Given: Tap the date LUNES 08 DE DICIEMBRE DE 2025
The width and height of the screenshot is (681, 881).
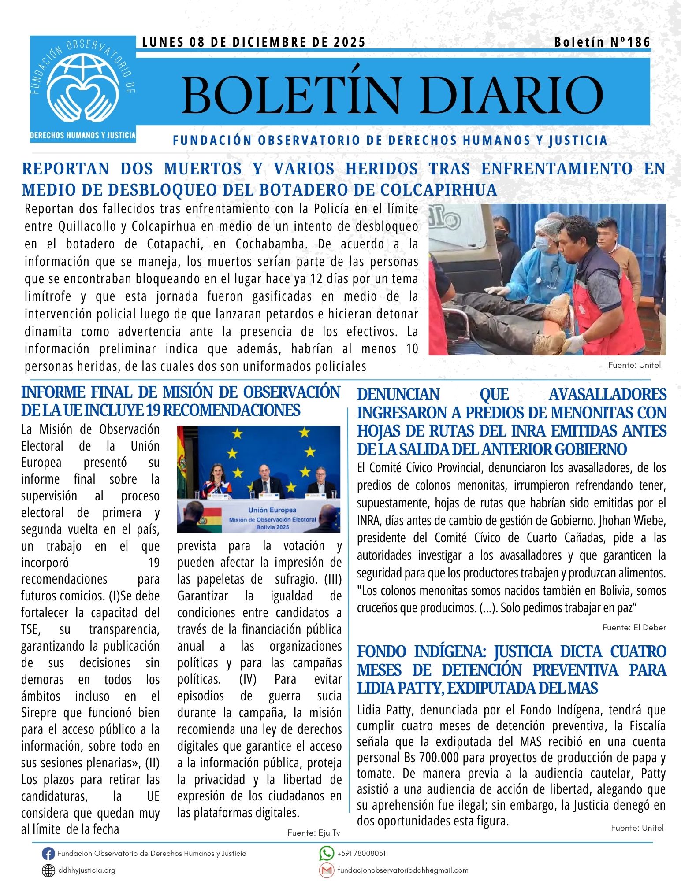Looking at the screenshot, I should pyautogui.click(x=254, y=42).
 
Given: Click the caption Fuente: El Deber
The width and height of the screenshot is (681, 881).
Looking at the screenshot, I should pyautogui.click(x=634, y=627).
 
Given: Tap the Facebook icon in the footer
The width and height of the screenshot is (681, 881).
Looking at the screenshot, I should pyautogui.click(x=48, y=854).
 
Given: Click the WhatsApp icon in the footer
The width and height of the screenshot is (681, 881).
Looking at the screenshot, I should pyautogui.click(x=326, y=853).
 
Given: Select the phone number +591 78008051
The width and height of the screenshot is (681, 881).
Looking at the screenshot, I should pyautogui.click(x=361, y=853).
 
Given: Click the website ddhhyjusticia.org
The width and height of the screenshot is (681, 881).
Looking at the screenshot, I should pyautogui.click(x=87, y=870).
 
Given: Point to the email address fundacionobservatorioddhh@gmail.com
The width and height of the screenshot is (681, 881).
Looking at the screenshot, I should pyautogui.click(x=402, y=870).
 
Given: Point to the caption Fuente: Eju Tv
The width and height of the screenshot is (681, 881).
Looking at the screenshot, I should pyautogui.click(x=313, y=833).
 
